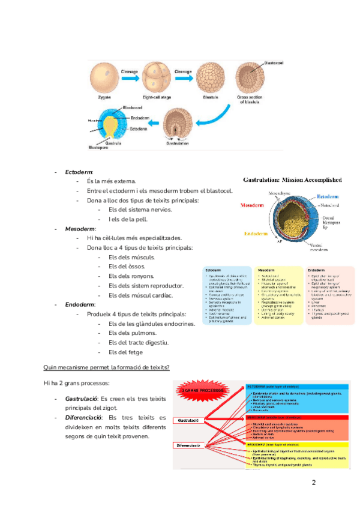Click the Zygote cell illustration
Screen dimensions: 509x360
click(x=103, y=77)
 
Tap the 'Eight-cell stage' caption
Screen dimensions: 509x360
click(x=156, y=96)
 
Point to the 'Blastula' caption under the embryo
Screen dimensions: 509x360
click(x=210, y=96)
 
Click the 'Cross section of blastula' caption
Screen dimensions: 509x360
click(x=250, y=99)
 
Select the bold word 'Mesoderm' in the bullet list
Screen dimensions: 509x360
click(x=80, y=229)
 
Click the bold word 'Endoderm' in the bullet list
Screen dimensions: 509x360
click(x=80, y=304)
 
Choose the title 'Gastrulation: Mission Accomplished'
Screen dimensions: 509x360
click(x=292, y=179)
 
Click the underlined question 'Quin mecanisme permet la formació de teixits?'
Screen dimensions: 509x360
click(x=106, y=367)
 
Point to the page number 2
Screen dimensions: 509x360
click(x=313, y=466)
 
